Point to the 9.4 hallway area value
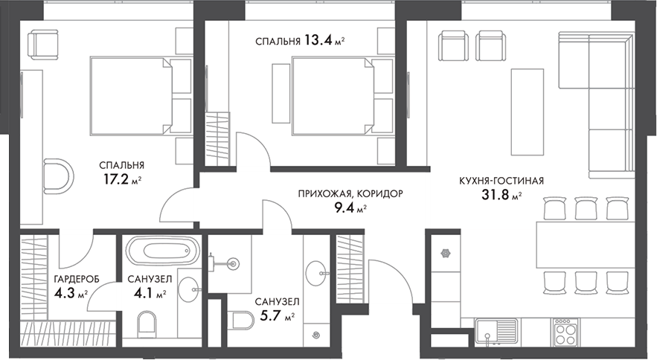pos(344,208)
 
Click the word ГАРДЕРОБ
pos(72,279)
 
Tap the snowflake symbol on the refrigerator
pos(446,252)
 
